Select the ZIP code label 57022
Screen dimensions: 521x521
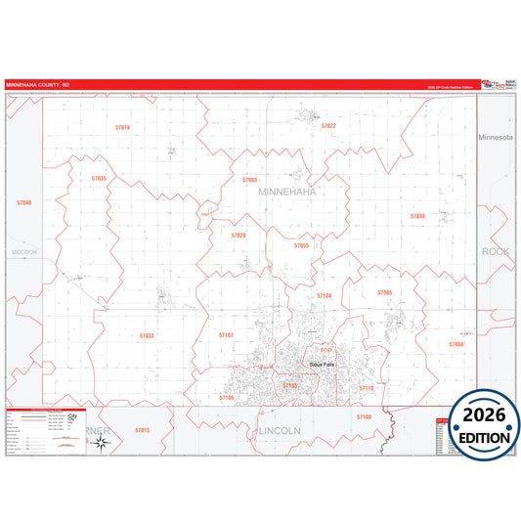[328, 126]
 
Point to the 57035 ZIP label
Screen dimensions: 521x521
[99, 179]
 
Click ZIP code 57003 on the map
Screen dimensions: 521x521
[250, 180]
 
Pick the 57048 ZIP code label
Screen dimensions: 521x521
[24, 203]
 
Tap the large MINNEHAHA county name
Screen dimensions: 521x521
[287, 193]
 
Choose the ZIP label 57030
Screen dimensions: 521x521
[417, 215]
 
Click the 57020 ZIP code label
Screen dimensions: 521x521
[239, 236]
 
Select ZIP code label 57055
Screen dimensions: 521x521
[301, 245]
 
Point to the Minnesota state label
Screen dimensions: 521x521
[495, 138]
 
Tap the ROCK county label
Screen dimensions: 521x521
[496, 251]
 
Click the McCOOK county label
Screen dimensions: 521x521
[23, 252]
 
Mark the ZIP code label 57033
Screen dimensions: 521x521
[147, 335]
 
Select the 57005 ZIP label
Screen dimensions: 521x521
[384, 292]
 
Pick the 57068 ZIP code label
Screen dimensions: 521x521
[456, 344]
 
